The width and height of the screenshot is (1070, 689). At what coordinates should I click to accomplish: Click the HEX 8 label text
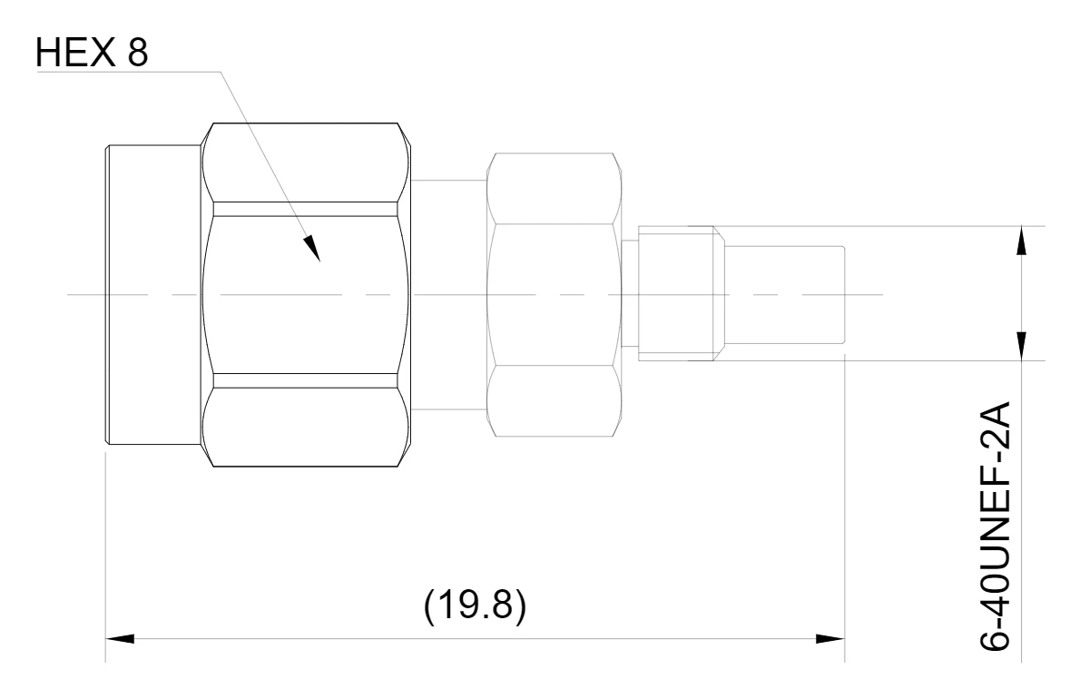[x=92, y=52]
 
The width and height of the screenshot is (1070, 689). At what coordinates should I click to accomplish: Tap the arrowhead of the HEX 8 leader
[x=312, y=249]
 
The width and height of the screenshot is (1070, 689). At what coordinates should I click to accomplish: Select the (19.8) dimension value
[x=475, y=605]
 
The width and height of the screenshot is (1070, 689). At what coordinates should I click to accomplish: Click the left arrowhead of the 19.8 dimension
[x=120, y=639]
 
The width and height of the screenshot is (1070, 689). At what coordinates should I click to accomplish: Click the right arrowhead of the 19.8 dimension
[x=830, y=639]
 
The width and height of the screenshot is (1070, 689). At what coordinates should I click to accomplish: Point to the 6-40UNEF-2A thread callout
[x=995, y=527]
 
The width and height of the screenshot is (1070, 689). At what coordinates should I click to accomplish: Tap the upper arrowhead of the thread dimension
[x=1022, y=241]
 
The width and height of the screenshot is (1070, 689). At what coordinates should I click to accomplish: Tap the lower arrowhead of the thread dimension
[x=1022, y=346]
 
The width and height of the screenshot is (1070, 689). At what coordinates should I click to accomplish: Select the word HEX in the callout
[x=75, y=52]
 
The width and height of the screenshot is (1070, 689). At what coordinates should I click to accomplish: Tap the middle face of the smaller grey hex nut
[x=555, y=295]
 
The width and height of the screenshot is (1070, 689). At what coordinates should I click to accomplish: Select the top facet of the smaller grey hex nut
[x=555, y=189]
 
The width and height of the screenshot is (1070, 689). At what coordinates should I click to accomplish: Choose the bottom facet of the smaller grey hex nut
[x=555, y=401]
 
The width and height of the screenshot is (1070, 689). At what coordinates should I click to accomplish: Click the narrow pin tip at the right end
[x=784, y=295]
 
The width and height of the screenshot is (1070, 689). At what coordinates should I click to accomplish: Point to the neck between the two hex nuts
[x=450, y=295]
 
